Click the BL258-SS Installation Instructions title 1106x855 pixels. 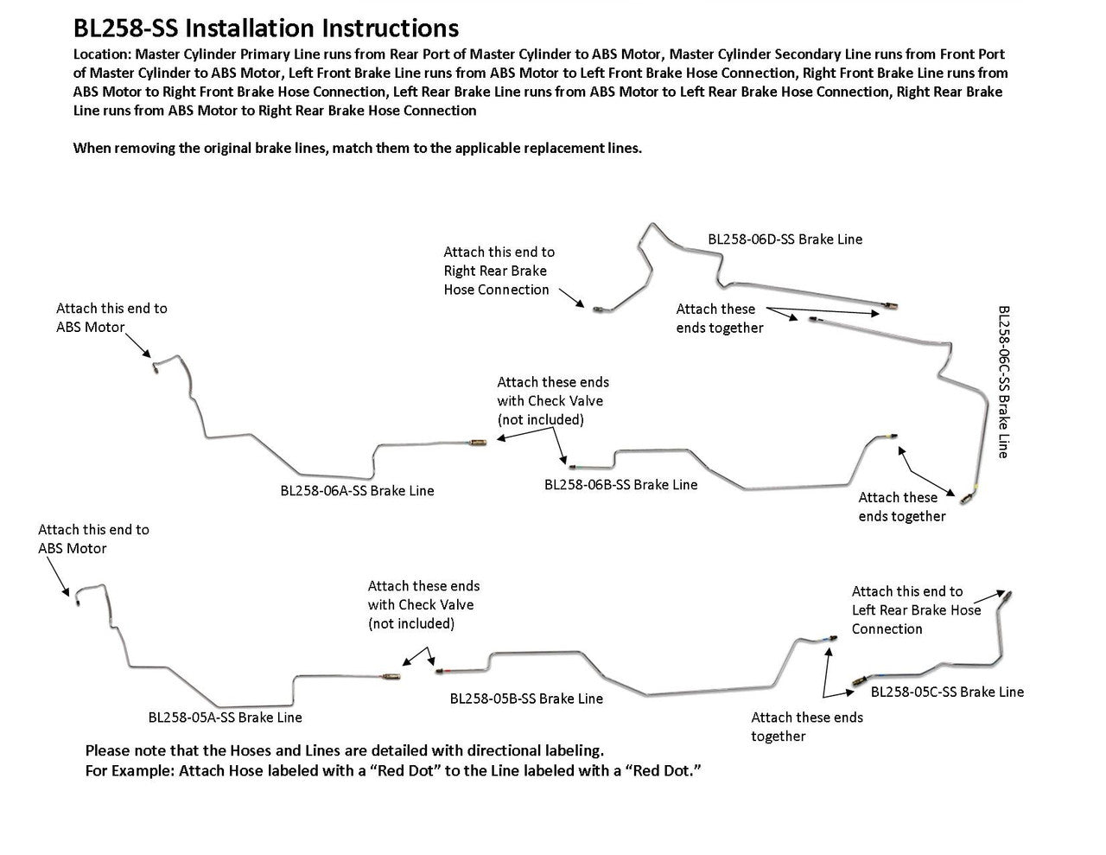(266, 29)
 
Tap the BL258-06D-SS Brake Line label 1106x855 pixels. (785, 239)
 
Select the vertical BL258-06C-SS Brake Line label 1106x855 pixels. (1003, 380)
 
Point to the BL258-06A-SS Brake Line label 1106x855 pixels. (357, 490)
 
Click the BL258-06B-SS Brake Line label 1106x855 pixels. (620, 484)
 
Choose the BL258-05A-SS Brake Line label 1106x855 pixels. (225, 717)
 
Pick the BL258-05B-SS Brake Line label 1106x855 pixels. (526, 698)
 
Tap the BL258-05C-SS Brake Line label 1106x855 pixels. (947, 692)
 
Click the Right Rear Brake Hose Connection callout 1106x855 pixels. (499, 271)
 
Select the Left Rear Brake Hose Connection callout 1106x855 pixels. (916, 609)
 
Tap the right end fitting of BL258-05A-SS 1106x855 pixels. (391, 674)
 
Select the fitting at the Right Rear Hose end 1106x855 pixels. (599, 306)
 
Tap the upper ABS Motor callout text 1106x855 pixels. (111, 317)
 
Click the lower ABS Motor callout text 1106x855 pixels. (93, 539)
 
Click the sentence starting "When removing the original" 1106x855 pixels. (357, 148)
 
